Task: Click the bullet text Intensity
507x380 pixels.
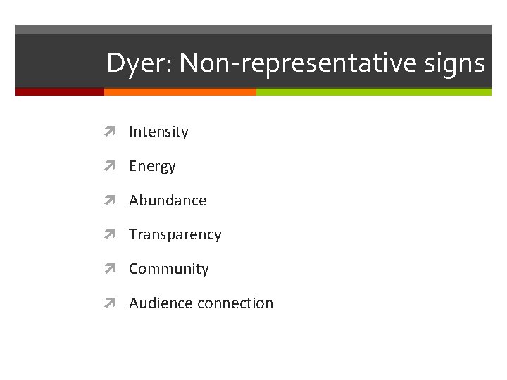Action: pyautogui.click(x=158, y=132)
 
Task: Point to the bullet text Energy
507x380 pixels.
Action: pyautogui.click(x=152, y=166)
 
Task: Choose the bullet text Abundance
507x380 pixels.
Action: pyautogui.click(x=168, y=201)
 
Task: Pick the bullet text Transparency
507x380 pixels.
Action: pyautogui.click(x=175, y=234)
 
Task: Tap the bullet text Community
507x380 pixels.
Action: pyautogui.click(x=168, y=269)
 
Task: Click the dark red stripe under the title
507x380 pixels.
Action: pyautogui.click(x=59, y=91)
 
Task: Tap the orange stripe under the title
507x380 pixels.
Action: pyautogui.click(x=180, y=91)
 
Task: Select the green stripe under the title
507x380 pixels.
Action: pyautogui.click(x=373, y=91)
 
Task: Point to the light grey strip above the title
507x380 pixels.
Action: pyautogui.click(x=254, y=30)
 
